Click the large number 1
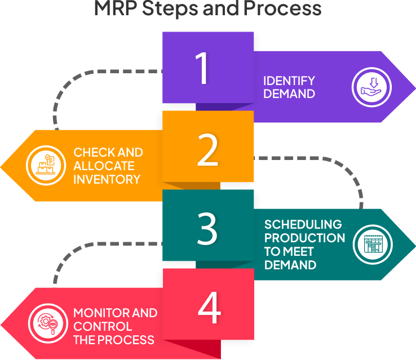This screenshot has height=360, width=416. pos(201,68)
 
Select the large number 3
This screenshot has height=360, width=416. pos(207,228)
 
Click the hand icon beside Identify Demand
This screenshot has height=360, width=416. pos(371,87)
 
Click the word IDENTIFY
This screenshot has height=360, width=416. pos(289,81)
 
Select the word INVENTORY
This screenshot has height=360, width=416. pos(107,180)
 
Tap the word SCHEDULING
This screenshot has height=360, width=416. pos(303,224)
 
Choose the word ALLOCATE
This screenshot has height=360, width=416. pos(104,166)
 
